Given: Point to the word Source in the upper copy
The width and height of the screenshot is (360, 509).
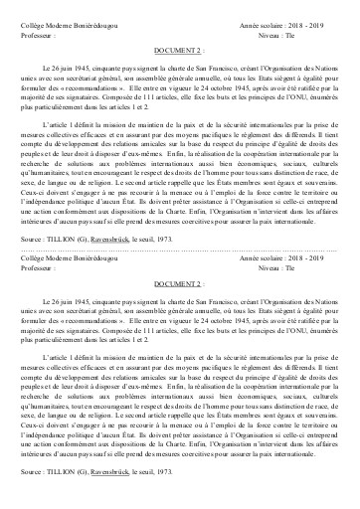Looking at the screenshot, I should pyautogui.click(x=31, y=239).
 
